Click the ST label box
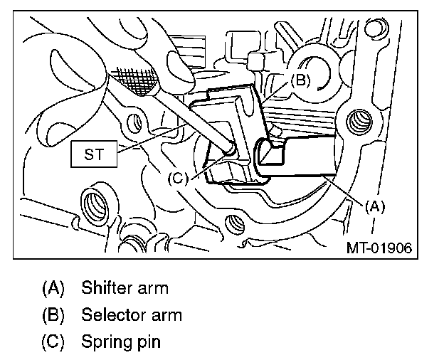point(94,154)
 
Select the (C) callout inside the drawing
point(177,178)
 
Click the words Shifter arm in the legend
point(125,288)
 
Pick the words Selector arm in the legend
point(132,314)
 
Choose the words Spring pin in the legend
point(121,342)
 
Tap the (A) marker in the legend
point(53,288)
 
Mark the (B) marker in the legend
point(53,314)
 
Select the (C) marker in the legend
point(53,342)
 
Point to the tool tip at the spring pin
point(229,149)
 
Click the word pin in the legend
point(148,342)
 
